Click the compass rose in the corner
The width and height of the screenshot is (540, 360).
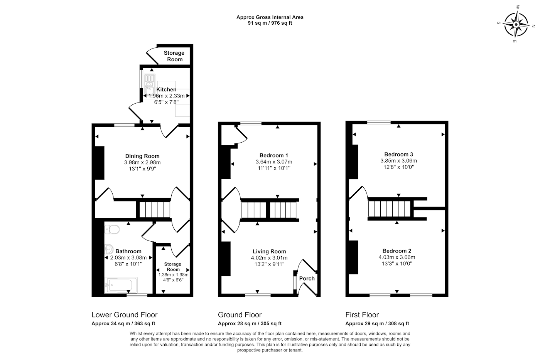516,25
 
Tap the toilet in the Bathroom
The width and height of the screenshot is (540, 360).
112,229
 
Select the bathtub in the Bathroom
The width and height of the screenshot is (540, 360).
121,285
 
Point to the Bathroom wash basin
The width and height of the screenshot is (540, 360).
109,249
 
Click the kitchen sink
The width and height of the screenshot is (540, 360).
150,84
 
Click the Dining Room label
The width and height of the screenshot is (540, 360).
142,156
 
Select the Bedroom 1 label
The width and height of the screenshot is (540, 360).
273,155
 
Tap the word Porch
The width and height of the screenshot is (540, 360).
307,278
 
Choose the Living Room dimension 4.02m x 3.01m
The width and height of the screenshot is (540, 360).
269,258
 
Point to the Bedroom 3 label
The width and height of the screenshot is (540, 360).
398,154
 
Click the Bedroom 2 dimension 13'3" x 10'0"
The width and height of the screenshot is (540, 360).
397,263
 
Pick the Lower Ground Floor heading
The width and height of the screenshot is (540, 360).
124,315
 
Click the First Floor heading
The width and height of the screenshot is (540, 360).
362,315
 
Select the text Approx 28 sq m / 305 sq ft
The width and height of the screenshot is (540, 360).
250,324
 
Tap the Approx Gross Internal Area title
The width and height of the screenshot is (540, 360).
270,17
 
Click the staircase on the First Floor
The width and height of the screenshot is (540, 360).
389,209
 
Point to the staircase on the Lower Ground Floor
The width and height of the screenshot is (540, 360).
155,210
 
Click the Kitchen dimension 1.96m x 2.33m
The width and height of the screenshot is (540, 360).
166,96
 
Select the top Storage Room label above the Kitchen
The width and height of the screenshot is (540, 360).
174,56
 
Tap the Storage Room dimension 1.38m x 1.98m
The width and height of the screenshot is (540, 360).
173,275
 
